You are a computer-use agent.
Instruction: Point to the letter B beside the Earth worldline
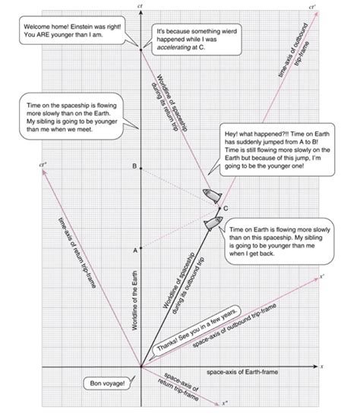133,165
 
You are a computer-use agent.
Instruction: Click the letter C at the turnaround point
225,207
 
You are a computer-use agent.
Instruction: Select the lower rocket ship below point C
212,222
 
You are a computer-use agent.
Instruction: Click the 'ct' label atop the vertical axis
141,6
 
